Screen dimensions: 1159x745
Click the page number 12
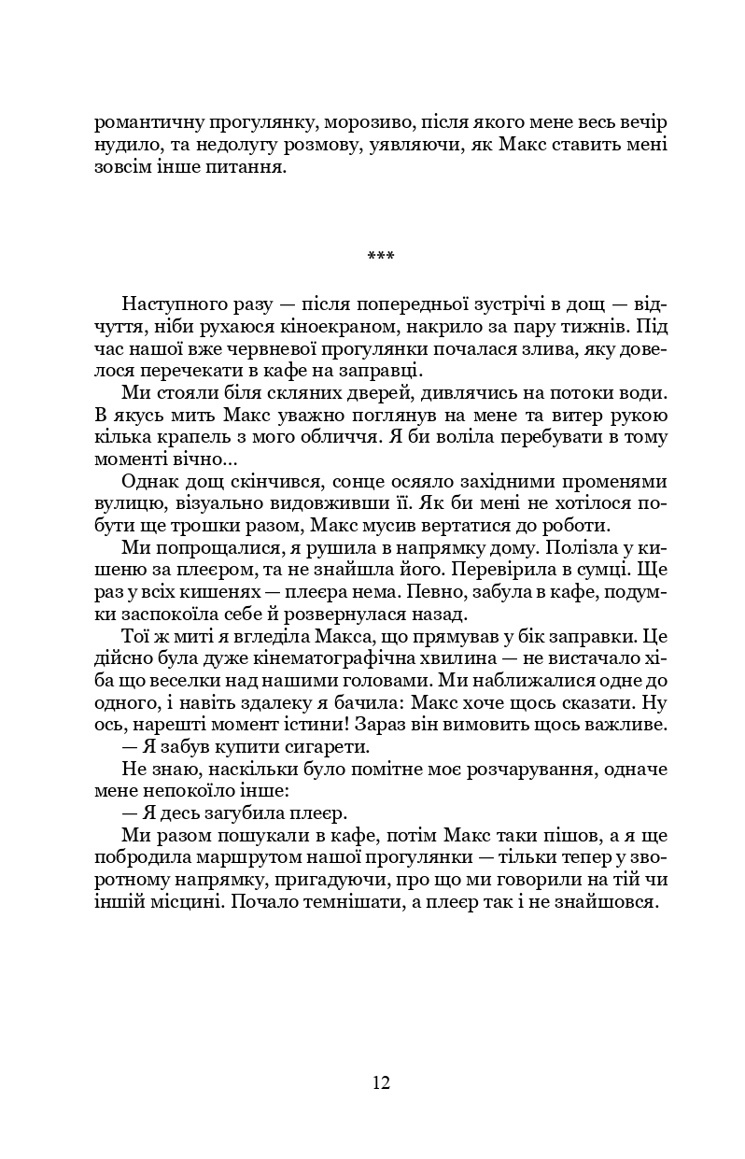(379, 1082)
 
